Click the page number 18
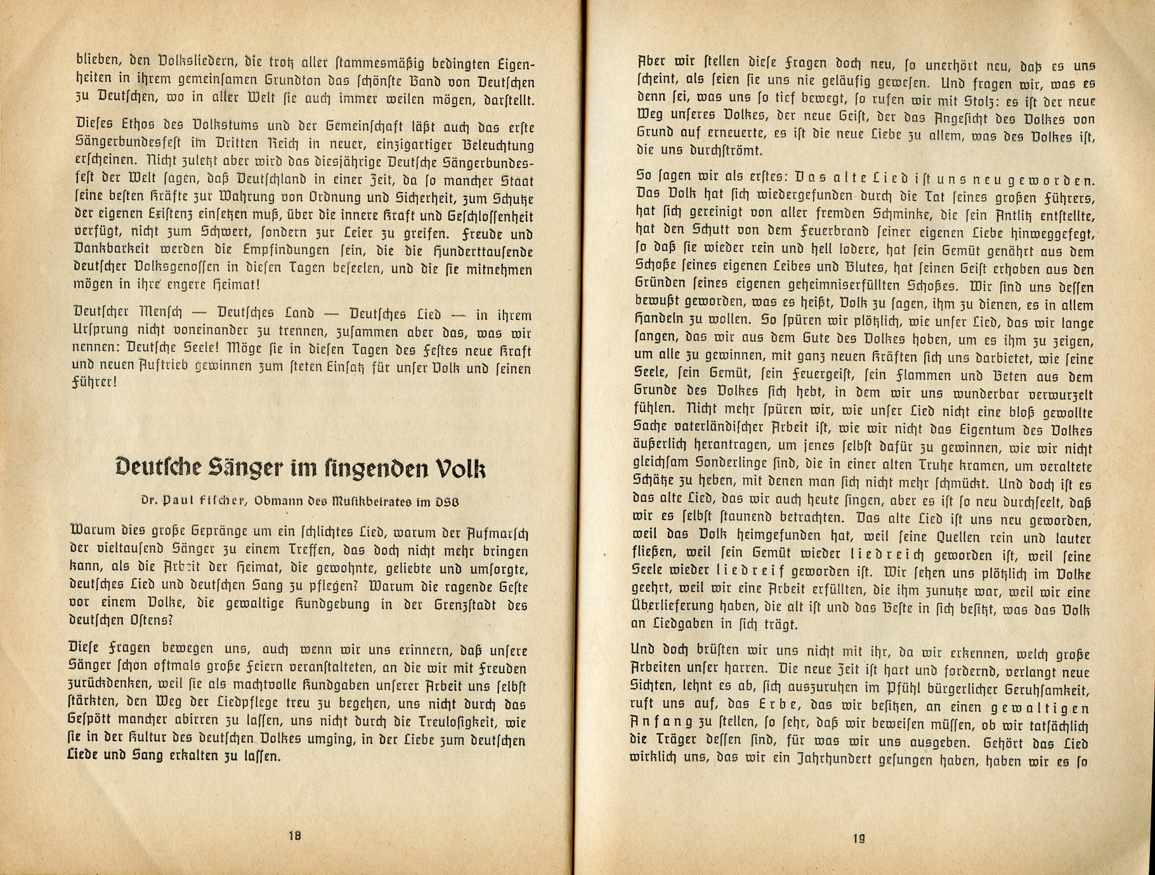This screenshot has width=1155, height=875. [x=294, y=836]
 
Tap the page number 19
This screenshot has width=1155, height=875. [x=858, y=839]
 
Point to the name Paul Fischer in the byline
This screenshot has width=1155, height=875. [x=203, y=501]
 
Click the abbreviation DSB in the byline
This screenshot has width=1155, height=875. [x=448, y=501]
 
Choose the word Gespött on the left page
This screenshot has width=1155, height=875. [x=94, y=722]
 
